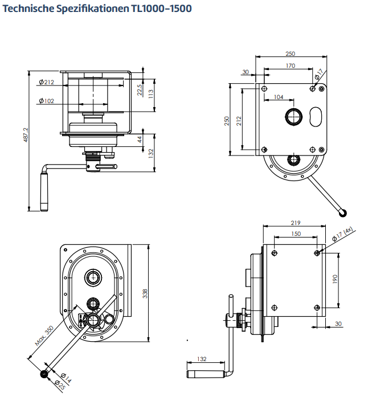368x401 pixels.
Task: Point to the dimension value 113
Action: click(x=151, y=93)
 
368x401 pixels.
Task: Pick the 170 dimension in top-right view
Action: click(x=291, y=66)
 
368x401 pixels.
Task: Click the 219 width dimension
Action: click(x=295, y=223)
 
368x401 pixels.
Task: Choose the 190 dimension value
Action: click(x=335, y=279)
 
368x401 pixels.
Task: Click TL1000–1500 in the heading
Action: click(x=161, y=9)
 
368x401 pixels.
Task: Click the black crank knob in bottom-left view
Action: click(x=44, y=375)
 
